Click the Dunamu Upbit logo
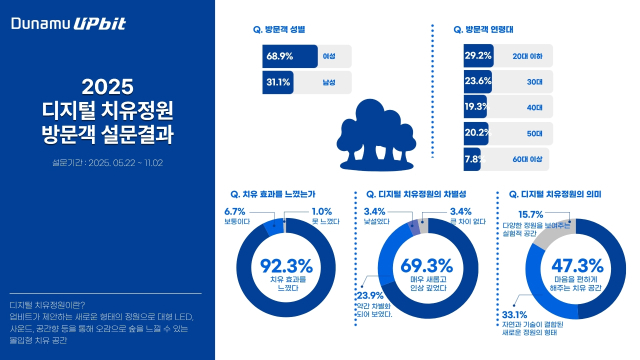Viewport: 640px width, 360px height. pyautogui.click(x=71, y=22)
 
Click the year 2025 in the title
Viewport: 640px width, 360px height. pyautogui.click(x=107, y=87)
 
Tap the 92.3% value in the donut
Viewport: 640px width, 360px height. pyautogui.click(x=286, y=266)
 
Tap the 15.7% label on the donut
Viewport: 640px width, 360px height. pyautogui.click(x=531, y=214)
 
